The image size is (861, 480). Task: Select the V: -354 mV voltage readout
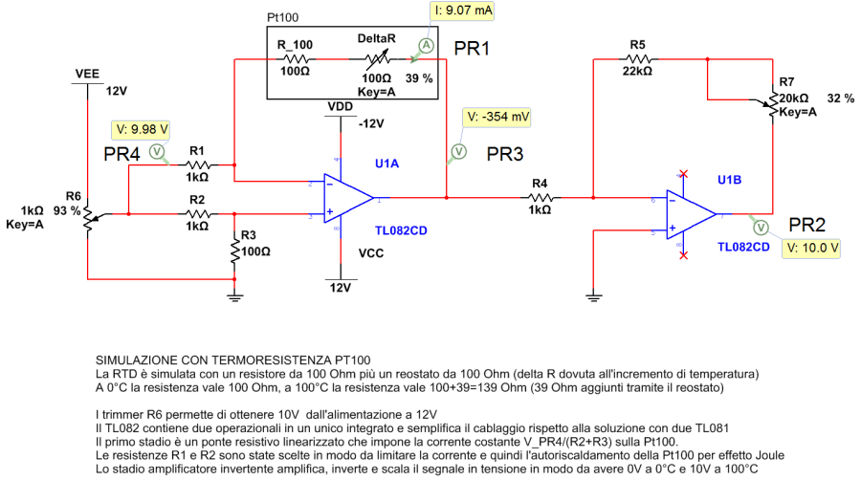tap(497, 118)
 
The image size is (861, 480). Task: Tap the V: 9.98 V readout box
tap(142, 128)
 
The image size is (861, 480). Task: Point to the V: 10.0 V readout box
tap(811, 247)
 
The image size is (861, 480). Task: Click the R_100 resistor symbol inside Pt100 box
tap(294, 59)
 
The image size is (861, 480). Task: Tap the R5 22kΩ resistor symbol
tap(638, 59)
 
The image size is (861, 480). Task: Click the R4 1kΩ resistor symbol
tap(540, 198)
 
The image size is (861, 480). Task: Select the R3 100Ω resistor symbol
tap(234, 251)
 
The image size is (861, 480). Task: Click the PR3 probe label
tap(505, 153)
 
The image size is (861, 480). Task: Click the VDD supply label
tap(340, 105)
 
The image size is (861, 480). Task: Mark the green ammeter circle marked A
tap(427, 46)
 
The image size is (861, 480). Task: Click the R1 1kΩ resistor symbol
tap(197, 164)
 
